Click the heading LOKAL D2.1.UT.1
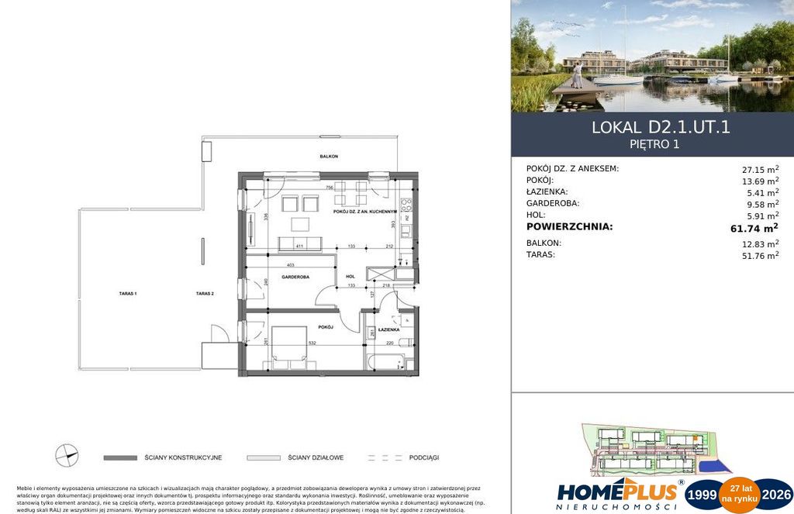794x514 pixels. point(661,127)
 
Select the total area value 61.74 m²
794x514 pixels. point(750,227)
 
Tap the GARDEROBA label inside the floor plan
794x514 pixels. point(296,277)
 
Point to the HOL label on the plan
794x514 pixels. point(350,277)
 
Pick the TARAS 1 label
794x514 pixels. point(129,294)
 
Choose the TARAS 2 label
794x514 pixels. point(205,294)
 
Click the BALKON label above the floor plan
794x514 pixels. point(329,157)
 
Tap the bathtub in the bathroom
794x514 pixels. point(385,362)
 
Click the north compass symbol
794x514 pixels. point(67,456)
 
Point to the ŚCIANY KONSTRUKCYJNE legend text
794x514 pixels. point(183,457)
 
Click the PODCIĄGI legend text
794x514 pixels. point(423,457)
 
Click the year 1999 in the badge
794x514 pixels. point(703,495)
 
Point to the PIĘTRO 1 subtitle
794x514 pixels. point(661,143)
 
